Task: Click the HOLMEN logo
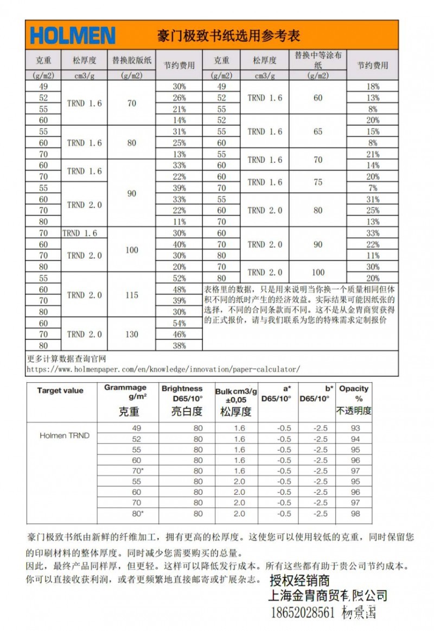pos(73,36)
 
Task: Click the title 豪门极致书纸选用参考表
pos(228,36)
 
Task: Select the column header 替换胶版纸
pos(131,60)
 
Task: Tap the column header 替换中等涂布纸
pos(318,60)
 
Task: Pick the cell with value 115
pos(131,295)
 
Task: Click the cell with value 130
pos(131,335)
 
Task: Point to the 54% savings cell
pos(179,323)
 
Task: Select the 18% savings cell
pos(373,86)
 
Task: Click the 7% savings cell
pos(373,188)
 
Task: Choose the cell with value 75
pos(318,182)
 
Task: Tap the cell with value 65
pos(318,131)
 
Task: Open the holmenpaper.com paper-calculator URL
pos(163,369)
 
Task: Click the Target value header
pos(60,390)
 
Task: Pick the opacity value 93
pos(355,428)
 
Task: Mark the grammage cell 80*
pos(137,514)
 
